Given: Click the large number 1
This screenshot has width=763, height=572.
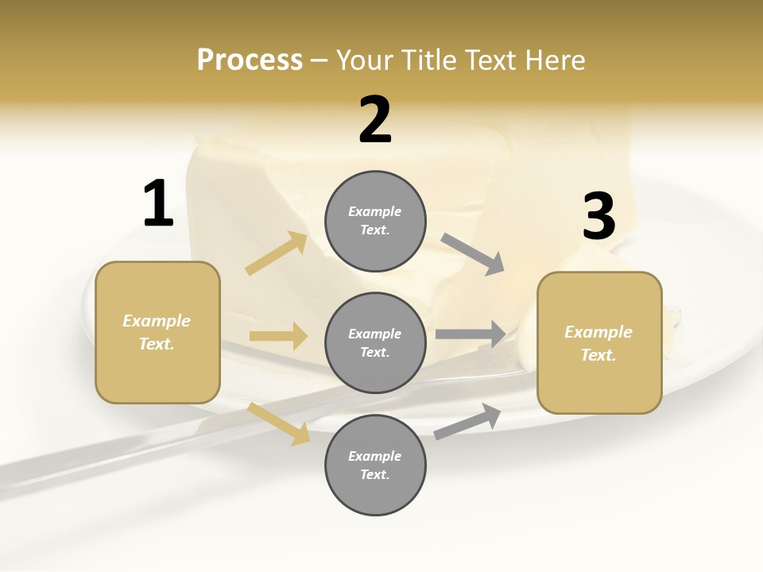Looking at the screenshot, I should [x=158, y=203].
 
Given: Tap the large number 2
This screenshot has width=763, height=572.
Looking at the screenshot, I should [x=375, y=121].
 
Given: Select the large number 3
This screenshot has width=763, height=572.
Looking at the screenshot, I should [x=598, y=216].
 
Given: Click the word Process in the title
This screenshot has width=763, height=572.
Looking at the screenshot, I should [x=250, y=60].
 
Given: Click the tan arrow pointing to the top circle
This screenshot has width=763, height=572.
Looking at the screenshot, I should [x=277, y=254].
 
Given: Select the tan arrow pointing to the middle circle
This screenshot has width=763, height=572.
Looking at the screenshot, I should [x=278, y=336].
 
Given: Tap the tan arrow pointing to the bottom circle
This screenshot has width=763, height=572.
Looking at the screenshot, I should [x=279, y=423].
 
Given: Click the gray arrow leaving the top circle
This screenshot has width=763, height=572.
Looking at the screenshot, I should [x=473, y=254].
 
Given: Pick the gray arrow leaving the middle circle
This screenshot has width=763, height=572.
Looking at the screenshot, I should [x=470, y=334].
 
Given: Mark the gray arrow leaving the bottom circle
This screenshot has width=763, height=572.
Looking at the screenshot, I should [x=467, y=422].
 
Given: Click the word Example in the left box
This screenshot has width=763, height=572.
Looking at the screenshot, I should [x=157, y=321].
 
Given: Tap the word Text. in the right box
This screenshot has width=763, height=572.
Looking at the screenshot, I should [x=598, y=356].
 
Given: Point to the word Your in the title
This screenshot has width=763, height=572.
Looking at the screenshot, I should [x=366, y=60].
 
